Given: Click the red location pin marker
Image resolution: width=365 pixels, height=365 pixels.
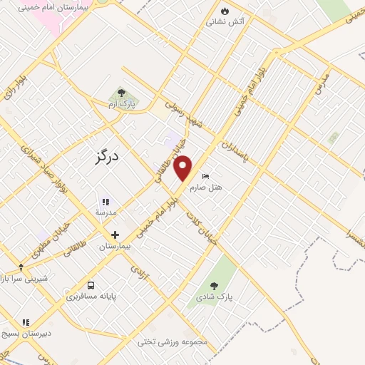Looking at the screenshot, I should [x=183, y=168].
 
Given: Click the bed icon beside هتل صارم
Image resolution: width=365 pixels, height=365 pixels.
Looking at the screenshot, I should [x=206, y=176].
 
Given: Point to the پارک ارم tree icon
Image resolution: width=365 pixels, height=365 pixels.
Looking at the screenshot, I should [x=121, y=93].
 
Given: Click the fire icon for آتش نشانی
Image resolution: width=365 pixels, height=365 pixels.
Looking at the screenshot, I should [x=226, y=11].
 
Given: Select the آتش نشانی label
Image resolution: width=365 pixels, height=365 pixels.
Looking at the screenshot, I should [x=225, y=22].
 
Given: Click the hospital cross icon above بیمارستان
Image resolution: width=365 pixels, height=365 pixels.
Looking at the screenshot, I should [x=114, y=234].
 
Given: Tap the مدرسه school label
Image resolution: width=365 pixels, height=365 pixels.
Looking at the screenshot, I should [x=106, y=212].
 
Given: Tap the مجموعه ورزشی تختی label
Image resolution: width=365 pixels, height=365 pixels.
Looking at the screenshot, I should [x=174, y=341].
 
